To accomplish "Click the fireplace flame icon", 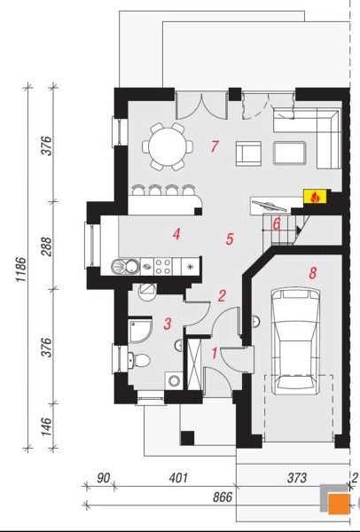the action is pos(315,197).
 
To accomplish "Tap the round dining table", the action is pos(168,146).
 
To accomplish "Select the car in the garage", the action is pos(295,341).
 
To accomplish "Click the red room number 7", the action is pos(215,146).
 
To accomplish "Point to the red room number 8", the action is pos(312,272).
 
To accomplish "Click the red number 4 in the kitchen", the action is pos(176,234).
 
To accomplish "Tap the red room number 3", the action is pos(168,324).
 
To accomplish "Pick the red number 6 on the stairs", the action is pos(277,224).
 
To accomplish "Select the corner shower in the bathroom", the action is pos(139,331).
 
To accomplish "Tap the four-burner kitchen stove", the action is pos(163,266).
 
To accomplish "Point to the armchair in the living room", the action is pos(248,153).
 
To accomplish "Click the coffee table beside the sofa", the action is pos(289,153).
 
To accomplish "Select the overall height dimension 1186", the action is pos(20,270).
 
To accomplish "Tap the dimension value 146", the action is pos(47,426).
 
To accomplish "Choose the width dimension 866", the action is pos(223,497).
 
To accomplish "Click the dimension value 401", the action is pos(178,478).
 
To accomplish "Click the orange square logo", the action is pos(339,504).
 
